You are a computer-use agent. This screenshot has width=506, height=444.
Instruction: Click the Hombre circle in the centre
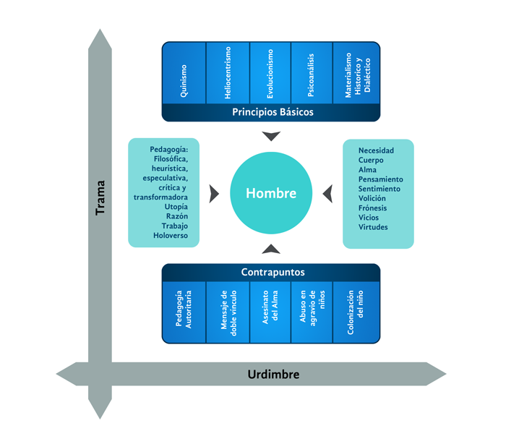tap(271, 193)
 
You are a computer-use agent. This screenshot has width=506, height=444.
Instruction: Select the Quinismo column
tap(184, 73)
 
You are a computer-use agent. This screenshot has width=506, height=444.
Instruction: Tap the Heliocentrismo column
tap(228, 73)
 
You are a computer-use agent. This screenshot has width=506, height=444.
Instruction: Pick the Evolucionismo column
tap(270, 73)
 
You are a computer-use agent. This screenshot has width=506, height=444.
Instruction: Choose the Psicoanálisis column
tap(312, 73)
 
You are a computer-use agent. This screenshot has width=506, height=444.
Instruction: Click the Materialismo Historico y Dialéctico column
tap(356, 73)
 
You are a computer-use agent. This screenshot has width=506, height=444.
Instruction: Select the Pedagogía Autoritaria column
tap(184, 312)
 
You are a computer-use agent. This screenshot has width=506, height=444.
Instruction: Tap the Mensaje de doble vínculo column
tap(228, 312)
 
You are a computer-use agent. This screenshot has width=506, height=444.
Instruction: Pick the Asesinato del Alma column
tap(270, 312)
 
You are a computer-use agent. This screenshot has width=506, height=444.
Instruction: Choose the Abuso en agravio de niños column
tap(312, 312)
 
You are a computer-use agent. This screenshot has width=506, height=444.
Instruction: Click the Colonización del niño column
tap(355, 312)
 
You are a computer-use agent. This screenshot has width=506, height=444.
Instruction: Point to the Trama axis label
tap(100, 197)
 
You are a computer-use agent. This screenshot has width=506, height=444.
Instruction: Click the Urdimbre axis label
tap(273, 375)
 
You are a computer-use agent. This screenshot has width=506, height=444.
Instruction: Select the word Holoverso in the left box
tap(170, 236)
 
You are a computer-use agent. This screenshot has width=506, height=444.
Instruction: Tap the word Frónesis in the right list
tap(372, 208)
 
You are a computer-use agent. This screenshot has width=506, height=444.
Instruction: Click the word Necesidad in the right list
tap(376, 150)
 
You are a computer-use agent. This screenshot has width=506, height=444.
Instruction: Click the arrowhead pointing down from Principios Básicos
tap(271, 136)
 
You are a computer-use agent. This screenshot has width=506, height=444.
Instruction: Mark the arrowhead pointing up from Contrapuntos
tap(271, 249)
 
